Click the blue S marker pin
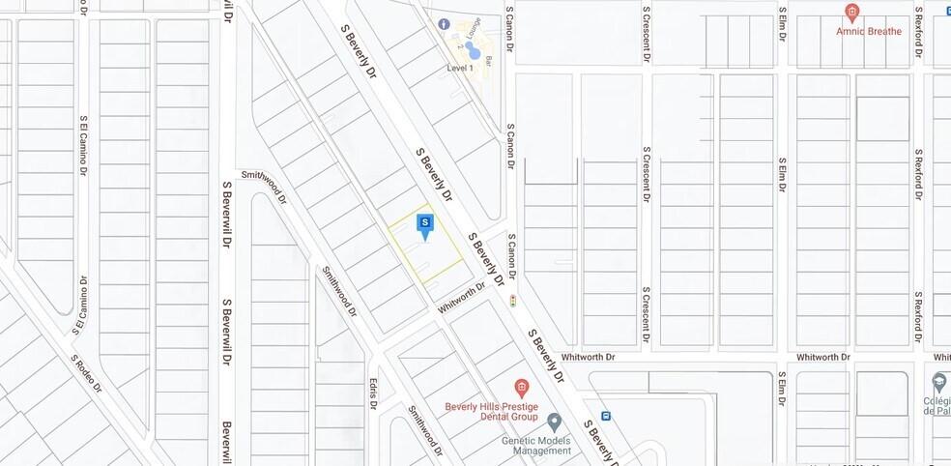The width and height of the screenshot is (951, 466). click(x=424, y=224)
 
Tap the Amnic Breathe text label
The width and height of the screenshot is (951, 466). click(x=869, y=31)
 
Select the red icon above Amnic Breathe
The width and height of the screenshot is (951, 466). click(x=851, y=13)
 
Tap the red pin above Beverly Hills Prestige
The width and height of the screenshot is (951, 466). click(x=521, y=388)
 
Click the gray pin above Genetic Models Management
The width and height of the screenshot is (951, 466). click(x=554, y=422)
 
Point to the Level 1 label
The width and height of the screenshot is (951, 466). click(x=460, y=69)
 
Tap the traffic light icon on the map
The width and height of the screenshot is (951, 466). click(x=512, y=301)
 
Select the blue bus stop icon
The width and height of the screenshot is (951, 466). click(x=606, y=416)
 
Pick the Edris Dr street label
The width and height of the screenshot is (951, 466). click(x=371, y=392)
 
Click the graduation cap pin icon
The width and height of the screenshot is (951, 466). click(x=939, y=380)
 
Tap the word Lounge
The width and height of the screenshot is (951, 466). click(x=473, y=28)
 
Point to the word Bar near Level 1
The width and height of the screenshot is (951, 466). click(x=490, y=60)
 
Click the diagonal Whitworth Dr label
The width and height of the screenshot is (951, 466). click(x=461, y=298)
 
